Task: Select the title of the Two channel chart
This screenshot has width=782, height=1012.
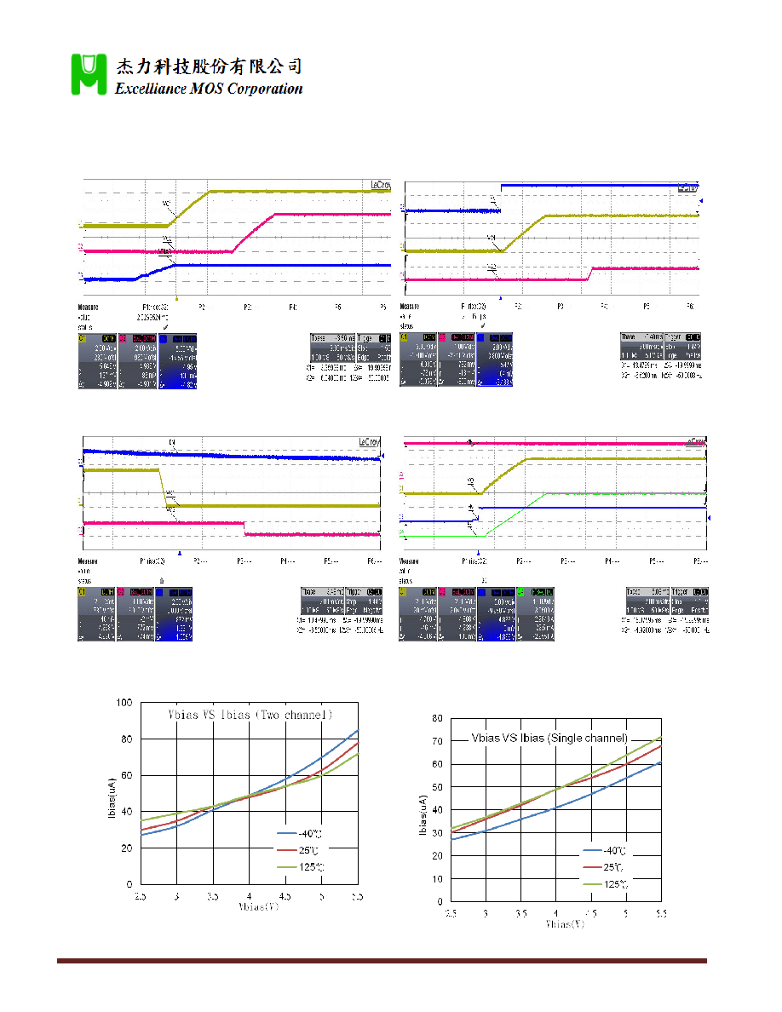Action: [248, 714]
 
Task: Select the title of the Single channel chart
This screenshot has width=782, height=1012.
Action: [550, 738]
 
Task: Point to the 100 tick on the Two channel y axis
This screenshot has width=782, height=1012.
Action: [125, 702]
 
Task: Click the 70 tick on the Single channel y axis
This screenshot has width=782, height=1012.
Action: [437, 742]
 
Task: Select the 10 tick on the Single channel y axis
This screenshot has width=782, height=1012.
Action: [437, 878]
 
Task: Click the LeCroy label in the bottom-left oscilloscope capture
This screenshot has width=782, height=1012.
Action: [369, 442]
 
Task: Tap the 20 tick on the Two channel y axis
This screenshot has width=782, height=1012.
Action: [125, 848]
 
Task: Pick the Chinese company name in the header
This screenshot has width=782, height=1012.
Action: [209, 66]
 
